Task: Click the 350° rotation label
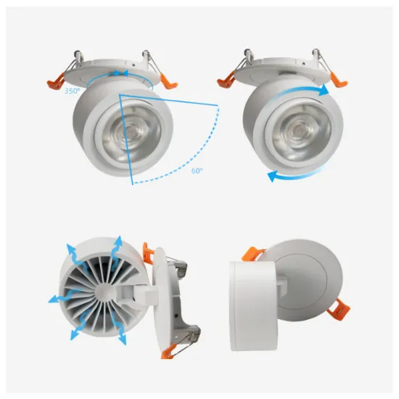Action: click(73, 91)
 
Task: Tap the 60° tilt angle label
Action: click(197, 170)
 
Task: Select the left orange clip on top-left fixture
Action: click(55, 82)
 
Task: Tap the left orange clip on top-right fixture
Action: click(226, 81)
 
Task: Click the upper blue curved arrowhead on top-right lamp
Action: click(325, 91)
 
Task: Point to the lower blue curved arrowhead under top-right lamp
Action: click(274, 176)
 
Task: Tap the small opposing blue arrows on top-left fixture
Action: click(120, 73)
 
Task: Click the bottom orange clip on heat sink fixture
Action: click(168, 352)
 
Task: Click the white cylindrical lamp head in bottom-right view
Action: click(252, 306)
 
